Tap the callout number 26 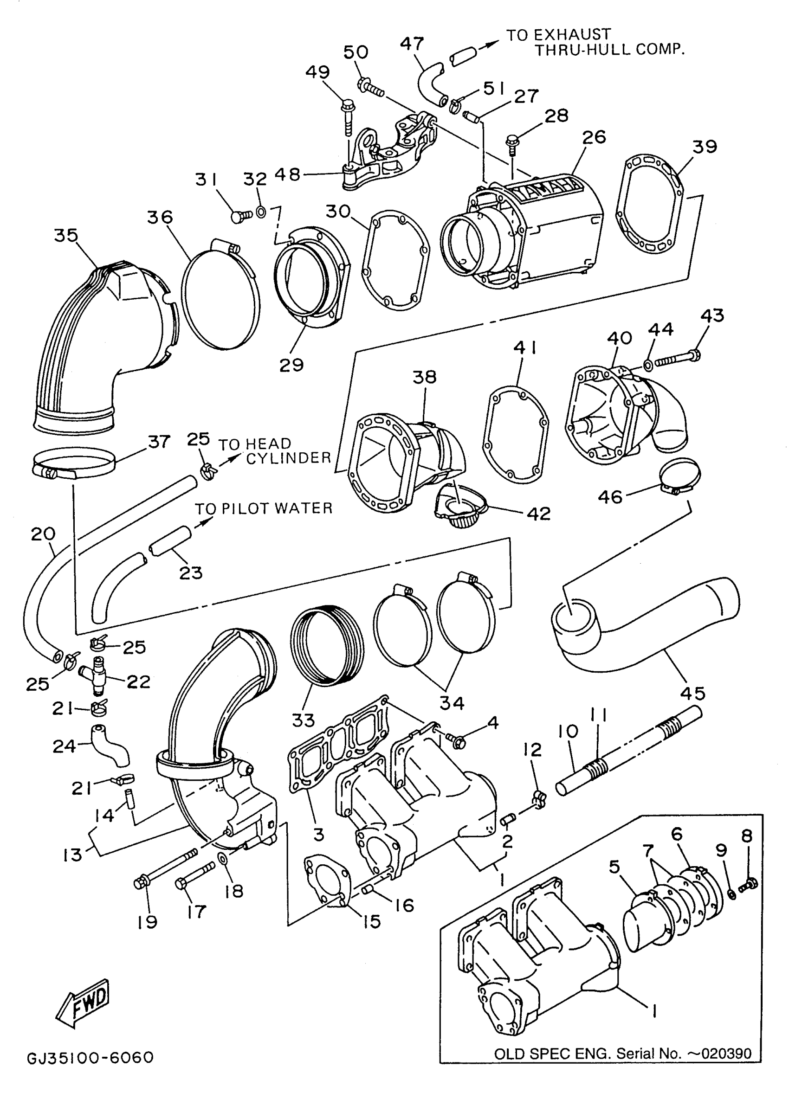(594, 137)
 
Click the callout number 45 (692, 694)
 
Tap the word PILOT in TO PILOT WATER (246, 508)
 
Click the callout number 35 (66, 236)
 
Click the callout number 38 (425, 377)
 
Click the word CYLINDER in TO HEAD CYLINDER (288, 458)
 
